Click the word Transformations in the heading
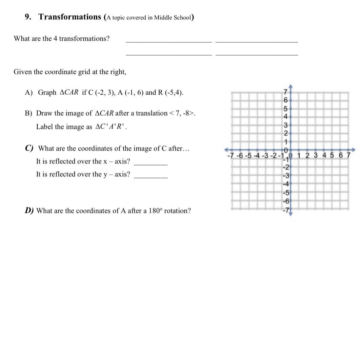69,17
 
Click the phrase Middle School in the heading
173,18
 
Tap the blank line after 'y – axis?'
151,177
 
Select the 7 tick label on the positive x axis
347,156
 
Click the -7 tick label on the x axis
231,156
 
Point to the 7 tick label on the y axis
285,92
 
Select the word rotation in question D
179,211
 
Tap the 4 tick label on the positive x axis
324,156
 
